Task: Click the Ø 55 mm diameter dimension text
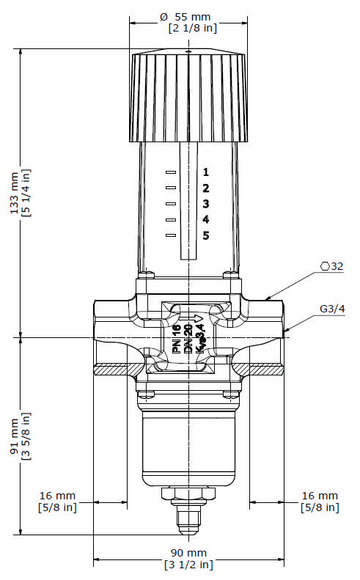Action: pyautogui.click(x=188, y=15)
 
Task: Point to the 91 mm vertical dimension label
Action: pyautogui.click(x=14, y=438)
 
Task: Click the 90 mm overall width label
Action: pyautogui.click(x=188, y=552)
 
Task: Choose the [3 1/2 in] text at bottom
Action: pyautogui.click(x=188, y=565)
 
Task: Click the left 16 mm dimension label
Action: pyautogui.click(x=56, y=496)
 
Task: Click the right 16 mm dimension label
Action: pyautogui.click(x=320, y=496)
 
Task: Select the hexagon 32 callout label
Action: pyautogui.click(x=332, y=266)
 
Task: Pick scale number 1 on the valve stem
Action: pyautogui.click(x=206, y=172)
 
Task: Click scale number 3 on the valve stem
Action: pyautogui.click(x=206, y=204)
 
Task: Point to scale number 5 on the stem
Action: pyautogui.click(x=206, y=235)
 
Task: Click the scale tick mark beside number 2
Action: pyautogui.click(x=171, y=188)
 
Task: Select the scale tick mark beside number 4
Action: pyautogui.click(x=171, y=219)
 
